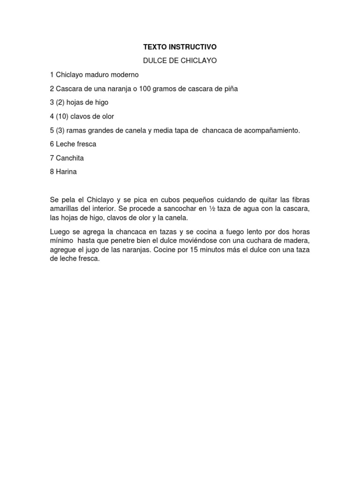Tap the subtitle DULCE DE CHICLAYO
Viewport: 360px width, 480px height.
180,61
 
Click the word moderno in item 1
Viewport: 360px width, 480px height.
124,75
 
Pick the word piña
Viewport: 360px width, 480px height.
231,89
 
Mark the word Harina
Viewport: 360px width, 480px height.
66,172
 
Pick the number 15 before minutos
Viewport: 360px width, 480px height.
195,250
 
